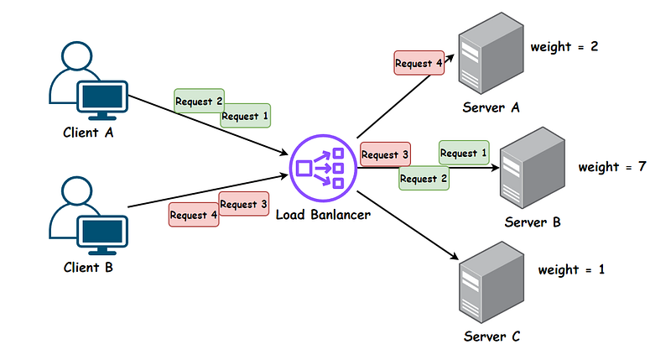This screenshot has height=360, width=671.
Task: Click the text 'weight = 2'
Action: pos(564,45)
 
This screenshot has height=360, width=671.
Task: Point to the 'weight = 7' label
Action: pos(611,166)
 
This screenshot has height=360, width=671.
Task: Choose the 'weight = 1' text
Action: pos(571,269)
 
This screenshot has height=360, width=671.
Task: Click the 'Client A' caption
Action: pos(88,132)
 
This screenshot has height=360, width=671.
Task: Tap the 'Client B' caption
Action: pos(88,269)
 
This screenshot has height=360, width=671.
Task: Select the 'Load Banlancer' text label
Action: pos(323,215)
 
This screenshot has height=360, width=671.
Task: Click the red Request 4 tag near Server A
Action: pos(418,61)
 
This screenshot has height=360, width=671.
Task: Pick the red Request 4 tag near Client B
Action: pos(194,215)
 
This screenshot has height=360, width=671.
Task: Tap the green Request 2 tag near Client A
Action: pos(199,101)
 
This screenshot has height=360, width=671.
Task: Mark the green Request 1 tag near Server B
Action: pos(464,154)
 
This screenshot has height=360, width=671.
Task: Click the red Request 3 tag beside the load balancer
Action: pos(385,154)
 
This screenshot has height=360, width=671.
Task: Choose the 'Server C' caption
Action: pos(492,337)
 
